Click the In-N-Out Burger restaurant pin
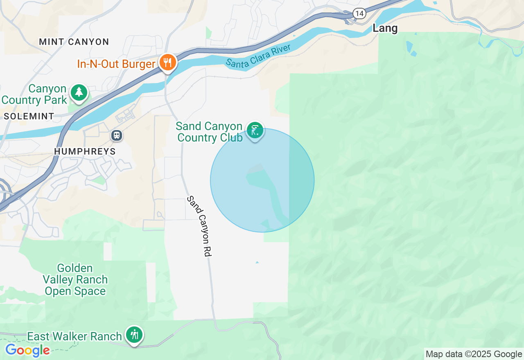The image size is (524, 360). [x=167, y=63]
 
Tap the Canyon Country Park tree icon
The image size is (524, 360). [x=79, y=92]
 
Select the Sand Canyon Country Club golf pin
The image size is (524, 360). [x=255, y=131]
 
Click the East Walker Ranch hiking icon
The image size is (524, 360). [x=134, y=335]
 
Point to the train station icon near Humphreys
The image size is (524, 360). [x=117, y=135]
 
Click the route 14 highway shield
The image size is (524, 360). [x=359, y=13]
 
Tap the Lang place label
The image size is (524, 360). [x=385, y=28]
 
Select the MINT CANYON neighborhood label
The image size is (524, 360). [x=74, y=42]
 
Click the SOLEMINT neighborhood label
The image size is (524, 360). [x=29, y=116]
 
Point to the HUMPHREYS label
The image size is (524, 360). [x=85, y=151]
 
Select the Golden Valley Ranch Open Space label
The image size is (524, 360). [x=75, y=280]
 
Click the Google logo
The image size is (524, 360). [x=27, y=350]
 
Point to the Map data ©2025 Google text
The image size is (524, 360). [x=474, y=354]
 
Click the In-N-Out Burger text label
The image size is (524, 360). [x=117, y=64]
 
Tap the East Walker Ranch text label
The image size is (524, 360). [x=75, y=336]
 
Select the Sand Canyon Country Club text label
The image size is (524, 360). [x=210, y=132]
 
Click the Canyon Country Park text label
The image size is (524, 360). [x=34, y=94]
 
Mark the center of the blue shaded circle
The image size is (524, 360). [x=262, y=180]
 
